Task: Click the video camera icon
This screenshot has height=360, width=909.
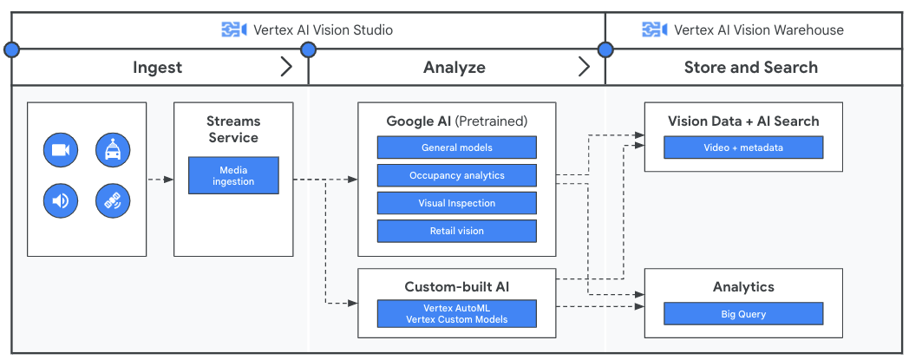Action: [x=60, y=150]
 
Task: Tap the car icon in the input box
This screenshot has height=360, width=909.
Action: [x=113, y=150]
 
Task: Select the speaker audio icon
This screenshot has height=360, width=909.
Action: [x=60, y=201]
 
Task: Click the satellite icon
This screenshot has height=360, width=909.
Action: [x=113, y=201]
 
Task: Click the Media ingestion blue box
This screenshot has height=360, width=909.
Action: [x=233, y=175]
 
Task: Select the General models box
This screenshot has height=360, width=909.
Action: [x=456, y=147]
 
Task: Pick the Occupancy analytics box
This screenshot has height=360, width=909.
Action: [x=456, y=175]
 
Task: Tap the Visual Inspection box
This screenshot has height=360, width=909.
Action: [x=456, y=203]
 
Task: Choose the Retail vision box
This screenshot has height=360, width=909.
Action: [x=456, y=231]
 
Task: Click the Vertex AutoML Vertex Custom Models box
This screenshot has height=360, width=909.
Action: [x=456, y=313]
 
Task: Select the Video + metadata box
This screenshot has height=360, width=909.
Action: [x=742, y=147]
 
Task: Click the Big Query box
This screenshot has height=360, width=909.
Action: [x=742, y=314]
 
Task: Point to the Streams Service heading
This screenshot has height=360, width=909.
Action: [x=233, y=129]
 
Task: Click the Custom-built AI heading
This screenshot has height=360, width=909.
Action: [x=456, y=286]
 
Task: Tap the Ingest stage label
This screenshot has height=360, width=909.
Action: [x=157, y=68]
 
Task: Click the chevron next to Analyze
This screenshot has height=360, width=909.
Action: [x=584, y=67]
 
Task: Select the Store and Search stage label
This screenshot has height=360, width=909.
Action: [x=750, y=68]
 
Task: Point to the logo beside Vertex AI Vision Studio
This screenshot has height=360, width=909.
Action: [x=234, y=29]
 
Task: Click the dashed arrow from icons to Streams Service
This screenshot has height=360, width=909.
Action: [x=160, y=180]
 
